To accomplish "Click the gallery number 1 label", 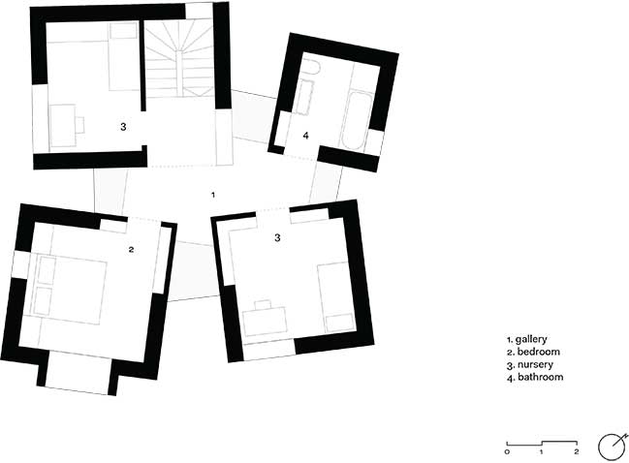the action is pyautogui.click(x=213, y=195).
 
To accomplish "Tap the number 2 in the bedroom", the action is pyautogui.click(x=131, y=249).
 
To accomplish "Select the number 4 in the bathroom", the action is pyautogui.click(x=305, y=136).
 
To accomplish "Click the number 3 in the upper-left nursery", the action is pyautogui.click(x=123, y=126).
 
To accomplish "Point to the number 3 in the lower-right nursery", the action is pyautogui.click(x=277, y=237).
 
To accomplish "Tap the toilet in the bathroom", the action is pyautogui.click(x=309, y=68).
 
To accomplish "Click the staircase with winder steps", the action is pyautogui.click(x=179, y=58).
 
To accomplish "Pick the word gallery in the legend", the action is pyautogui.click(x=531, y=340).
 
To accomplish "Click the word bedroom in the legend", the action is pyautogui.click(x=538, y=352).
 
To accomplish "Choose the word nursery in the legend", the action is pyautogui.click(x=535, y=364).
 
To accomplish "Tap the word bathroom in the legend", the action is pyautogui.click(x=541, y=377).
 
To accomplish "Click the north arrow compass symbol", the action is pyautogui.click(x=613, y=447).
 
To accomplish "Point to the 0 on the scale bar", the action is pyautogui.click(x=508, y=451).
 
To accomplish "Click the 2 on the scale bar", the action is pyautogui.click(x=577, y=451).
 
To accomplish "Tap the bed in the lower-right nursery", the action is pyautogui.click(x=336, y=297).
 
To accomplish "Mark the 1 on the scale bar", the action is pyautogui.click(x=541, y=451).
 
